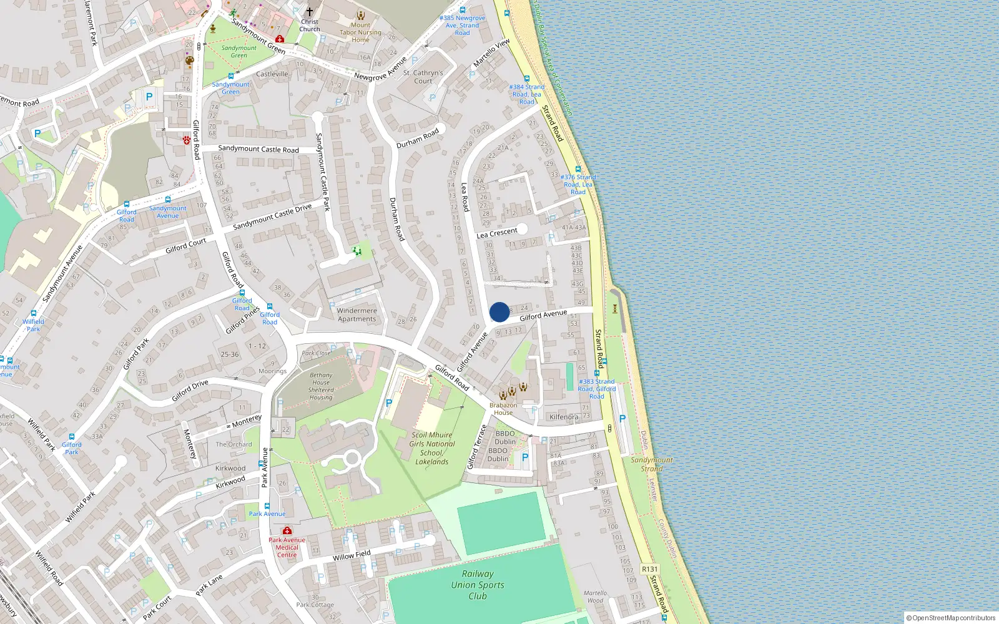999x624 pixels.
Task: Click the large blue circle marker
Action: pos(499,312)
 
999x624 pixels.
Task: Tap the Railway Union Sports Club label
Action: pos(478,585)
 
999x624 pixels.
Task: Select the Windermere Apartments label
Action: pos(357,314)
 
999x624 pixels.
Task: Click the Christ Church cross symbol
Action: pos(309,11)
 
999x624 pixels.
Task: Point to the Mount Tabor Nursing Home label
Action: pos(360,32)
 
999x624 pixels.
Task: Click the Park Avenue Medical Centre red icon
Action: pos(287,530)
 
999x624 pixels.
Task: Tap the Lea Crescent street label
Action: pos(497,233)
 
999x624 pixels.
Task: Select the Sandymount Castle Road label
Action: pos(258,149)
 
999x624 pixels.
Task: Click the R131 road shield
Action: pos(650,569)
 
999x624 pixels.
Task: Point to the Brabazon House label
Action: pos(503,409)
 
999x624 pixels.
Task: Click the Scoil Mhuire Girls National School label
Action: pos(432,448)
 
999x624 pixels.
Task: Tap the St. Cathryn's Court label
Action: pos(423,77)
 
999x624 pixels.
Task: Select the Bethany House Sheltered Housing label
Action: pos(321,386)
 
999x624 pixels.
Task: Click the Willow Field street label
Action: pos(352,555)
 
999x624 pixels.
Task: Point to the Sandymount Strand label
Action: pos(652,464)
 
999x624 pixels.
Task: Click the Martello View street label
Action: pos(491,53)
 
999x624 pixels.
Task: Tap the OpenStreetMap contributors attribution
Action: pos(951,618)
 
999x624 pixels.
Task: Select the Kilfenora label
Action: pos(564,417)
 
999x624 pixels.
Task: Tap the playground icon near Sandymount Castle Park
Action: pos(357,251)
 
